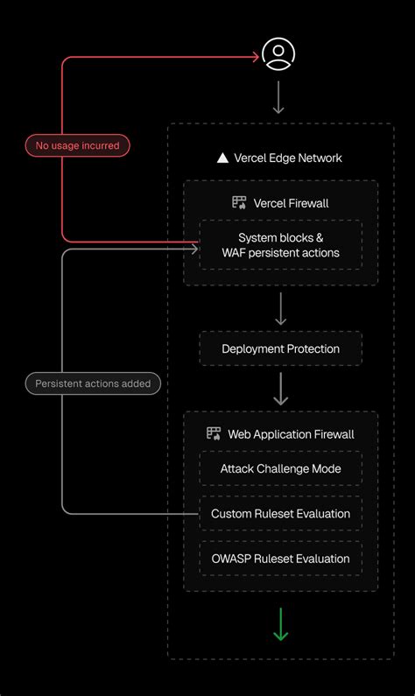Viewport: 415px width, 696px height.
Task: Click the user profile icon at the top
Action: pos(278,54)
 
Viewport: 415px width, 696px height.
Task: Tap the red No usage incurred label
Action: pos(78,145)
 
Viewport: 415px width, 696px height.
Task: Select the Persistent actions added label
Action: pos(93,383)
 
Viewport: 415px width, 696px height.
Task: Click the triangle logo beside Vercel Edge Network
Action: pos(222,158)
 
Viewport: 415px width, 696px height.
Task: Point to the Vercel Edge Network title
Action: pos(288,158)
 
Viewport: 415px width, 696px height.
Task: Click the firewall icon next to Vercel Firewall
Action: pos(239,203)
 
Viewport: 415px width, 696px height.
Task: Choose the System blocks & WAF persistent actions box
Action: pos(281,245)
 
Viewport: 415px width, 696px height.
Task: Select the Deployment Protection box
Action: pos(280,348)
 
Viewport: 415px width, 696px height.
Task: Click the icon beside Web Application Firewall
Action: pos(214,433)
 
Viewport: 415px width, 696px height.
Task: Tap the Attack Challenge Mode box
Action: pos(280,468)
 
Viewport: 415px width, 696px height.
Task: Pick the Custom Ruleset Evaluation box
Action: pos(280,514)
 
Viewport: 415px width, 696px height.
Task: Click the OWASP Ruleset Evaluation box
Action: pos(280,559)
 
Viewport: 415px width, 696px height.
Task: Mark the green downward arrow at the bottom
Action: pos(280,625)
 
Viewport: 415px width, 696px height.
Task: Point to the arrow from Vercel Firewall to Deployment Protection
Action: pos(280,309)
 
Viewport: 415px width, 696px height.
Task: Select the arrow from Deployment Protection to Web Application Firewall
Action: pos(280,389)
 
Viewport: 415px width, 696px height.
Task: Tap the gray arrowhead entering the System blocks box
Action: pos(195,250)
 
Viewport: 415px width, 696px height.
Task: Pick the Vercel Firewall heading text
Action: pos(291,203)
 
